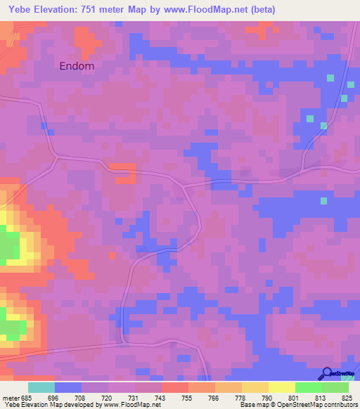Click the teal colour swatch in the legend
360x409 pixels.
(41, 387)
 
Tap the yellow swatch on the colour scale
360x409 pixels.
(281, 387)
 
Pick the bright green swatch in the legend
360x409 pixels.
(308, 387)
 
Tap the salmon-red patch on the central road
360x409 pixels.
(124, 173)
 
